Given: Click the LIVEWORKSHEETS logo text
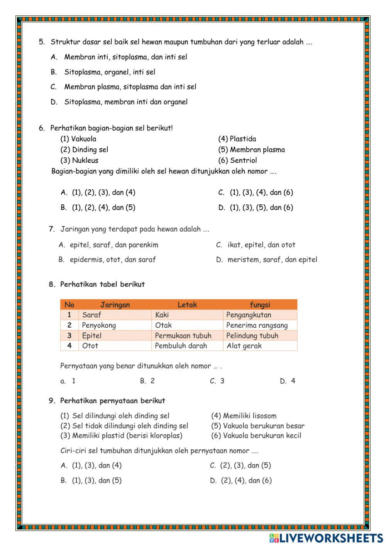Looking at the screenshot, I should pyautogui.click(x=331, y=537).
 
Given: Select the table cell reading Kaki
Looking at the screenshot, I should pyautogui.click(x=162, y=315).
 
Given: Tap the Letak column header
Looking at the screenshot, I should pyautogui.click(x=187, y=304).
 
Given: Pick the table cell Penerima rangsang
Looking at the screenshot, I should pyautogui.click(x=257, y=325).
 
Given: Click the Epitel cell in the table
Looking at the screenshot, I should pyautogui.click(x=92, y=335).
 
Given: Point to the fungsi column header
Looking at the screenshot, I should pyautogui.click(x=259, y=304).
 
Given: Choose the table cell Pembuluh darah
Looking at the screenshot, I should pyautogui.click(x=181, y=346).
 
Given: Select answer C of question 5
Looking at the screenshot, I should pyautogui.click(x=124, y=87).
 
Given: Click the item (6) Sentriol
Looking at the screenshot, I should pyautogui.click(x=237, y=160).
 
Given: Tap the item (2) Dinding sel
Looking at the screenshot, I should pyautogui.click(x=84, y=150).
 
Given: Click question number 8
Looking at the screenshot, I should pyautogui.click(x=52, y=284).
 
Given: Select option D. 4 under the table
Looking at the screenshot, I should pyautogui.click(x=288, y=381).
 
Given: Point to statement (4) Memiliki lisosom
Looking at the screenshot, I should pyautogui.click(x=244, y=416).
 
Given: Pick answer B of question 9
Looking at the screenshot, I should pyautogui.click(x=91, y=481).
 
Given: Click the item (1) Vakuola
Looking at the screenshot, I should pyautogui.click(x=78, y=139).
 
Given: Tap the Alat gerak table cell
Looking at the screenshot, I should pyautogui.click(x=244, y=346).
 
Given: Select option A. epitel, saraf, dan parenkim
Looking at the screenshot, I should pyautogui.click(x=108, y=245).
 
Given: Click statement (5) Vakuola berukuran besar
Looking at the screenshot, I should pyautogui.click(x=257, y=426).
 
